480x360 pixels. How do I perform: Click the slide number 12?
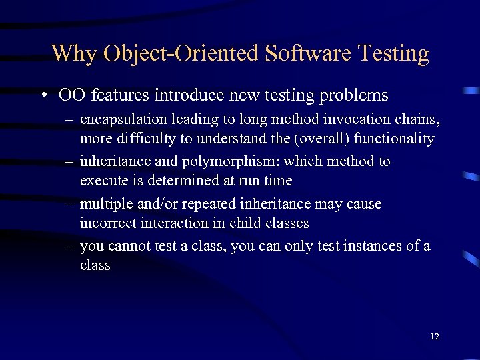pyautogui.click(x=435, y=337)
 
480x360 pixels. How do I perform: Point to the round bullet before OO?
pyautogui.click(x=43, y=96)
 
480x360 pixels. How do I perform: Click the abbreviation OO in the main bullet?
pyautogui.click(x=72, y=96)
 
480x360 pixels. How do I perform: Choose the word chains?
pyautogui.click(x=419, y=120)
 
